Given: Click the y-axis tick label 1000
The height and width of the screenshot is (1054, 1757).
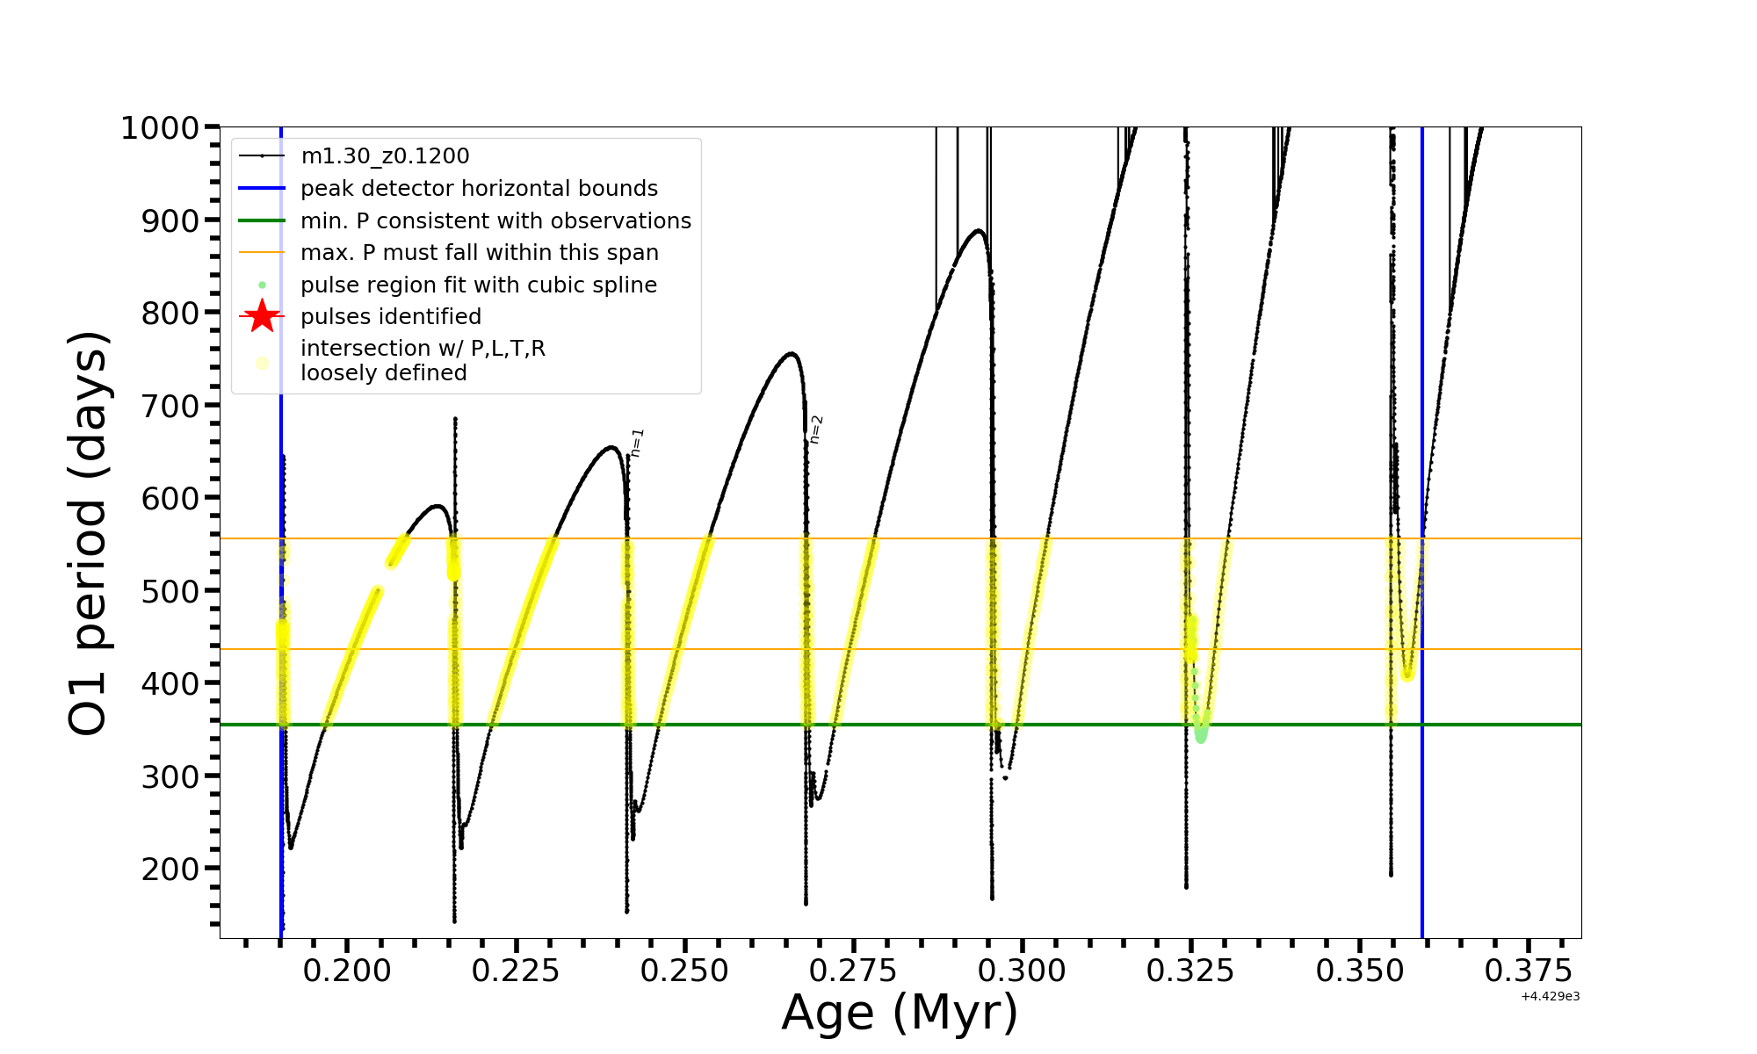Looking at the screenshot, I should tap(159, 128).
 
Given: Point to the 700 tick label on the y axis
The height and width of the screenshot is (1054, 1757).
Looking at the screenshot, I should tap(170, 406).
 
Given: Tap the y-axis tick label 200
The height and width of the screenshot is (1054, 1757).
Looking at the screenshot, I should tap(170, 869).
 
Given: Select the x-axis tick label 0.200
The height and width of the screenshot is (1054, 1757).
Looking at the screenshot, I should tap(347, 971).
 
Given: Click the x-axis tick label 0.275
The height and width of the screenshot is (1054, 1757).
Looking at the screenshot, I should tap(853, 971).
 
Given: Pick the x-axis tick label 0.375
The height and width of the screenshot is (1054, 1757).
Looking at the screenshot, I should tap(1529, 971).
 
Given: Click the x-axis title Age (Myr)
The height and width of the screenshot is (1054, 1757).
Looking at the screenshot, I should tap(900, 1013).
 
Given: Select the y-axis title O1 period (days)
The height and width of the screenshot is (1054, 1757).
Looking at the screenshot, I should tap(88, 532).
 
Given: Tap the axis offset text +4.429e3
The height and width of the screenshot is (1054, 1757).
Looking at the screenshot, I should tap(1550, 997).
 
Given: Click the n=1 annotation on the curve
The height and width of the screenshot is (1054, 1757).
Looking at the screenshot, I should tap(638, 442).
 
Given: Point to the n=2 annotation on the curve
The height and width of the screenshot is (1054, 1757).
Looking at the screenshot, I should tap(816, 430).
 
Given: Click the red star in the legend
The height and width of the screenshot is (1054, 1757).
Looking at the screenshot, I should tap(262, 316).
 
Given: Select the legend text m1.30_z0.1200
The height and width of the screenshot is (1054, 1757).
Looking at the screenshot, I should tap(385, 156).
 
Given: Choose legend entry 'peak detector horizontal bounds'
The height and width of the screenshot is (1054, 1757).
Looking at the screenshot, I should tap(479, 189).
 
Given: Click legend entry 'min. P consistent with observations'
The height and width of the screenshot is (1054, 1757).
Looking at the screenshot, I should tap(495, 221).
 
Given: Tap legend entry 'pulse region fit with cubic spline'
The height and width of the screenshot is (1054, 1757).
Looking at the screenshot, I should tap(479, 285).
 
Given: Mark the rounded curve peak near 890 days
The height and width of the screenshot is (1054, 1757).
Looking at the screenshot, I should tap(978, 231).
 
